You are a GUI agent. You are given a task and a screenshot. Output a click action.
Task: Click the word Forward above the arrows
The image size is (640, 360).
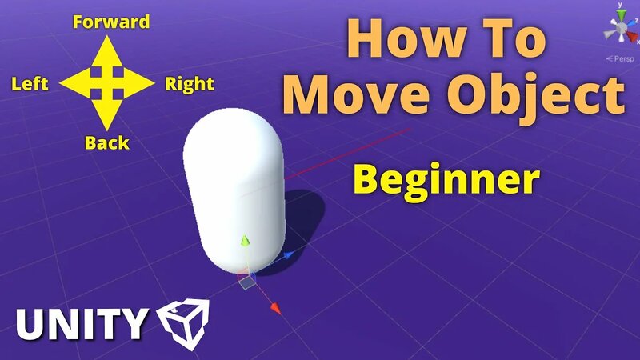pyautogui.click(x=111, y=22)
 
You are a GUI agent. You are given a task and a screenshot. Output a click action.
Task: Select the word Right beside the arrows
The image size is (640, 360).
pyautogui.click(x=189, y=83)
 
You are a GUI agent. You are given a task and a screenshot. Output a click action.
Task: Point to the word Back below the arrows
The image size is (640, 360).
pyautogui.click(x=107, y=143)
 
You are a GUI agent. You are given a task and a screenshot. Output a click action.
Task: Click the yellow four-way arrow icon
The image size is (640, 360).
pyautogui.click(x=107, y=82)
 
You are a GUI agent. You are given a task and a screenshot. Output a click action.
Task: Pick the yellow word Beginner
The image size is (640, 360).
pyautogui.click(x=445, y=180)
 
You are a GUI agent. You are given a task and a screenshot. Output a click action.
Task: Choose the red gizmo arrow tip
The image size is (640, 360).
pyautogui.click(x=274, y=307)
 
